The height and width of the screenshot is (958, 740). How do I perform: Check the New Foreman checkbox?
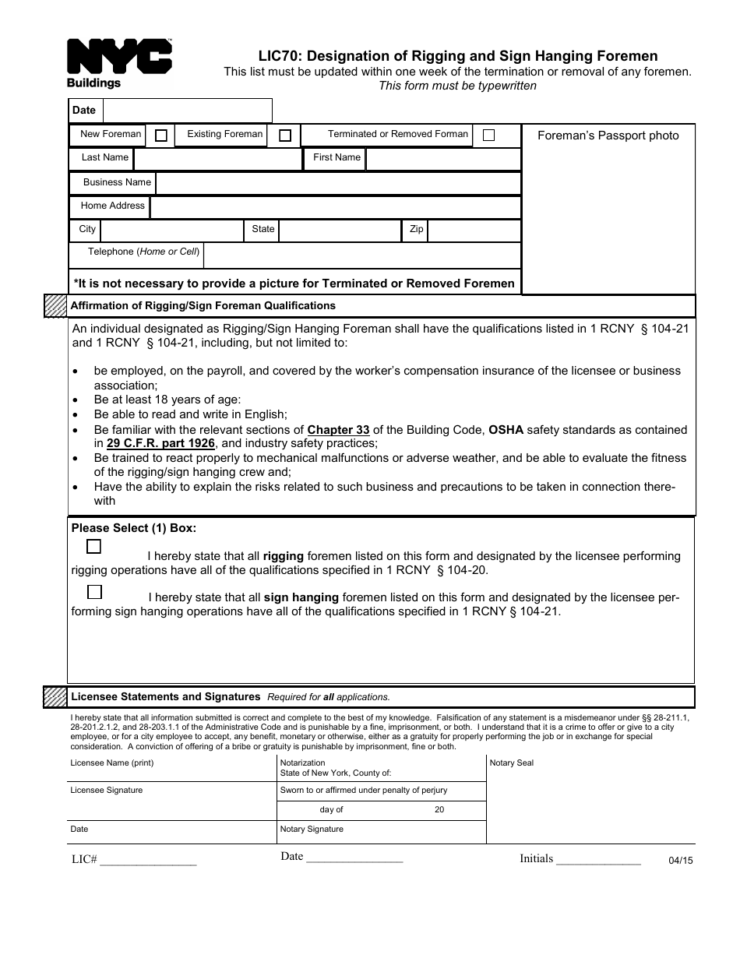(161, 136)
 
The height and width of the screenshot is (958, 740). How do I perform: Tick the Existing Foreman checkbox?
(285, 136)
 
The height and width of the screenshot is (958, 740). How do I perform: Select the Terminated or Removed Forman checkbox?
(488, 135)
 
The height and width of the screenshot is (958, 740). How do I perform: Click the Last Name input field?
(217, 159)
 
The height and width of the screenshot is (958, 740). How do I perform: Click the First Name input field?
(442, 159)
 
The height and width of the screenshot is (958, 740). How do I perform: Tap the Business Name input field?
(338, 183)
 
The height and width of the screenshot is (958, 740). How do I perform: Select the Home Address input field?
(335, 207)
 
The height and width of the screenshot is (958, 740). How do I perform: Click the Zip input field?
(474, 231)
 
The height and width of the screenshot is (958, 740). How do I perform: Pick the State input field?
(340, 231)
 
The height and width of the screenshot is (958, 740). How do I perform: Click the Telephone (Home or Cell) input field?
(361, 255)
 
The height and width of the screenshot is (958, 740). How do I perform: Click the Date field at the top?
(187, 111)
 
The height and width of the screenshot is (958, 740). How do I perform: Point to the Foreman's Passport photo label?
(608, 136)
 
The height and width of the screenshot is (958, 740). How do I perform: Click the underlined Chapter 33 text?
(338, 430)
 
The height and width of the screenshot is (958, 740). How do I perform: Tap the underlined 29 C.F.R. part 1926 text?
(160, 444)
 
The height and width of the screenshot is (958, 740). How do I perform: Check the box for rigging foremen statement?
(94, 547)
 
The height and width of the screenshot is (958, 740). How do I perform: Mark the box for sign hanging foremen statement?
(95, 592)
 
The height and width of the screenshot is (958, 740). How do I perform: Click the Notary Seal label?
(512, 763)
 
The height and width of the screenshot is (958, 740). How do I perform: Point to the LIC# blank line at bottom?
(148, 861)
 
